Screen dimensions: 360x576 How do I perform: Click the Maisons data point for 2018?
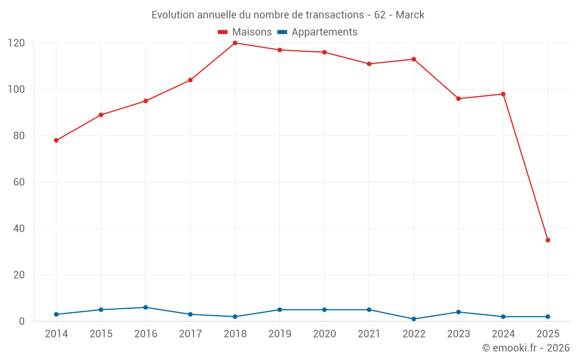235,43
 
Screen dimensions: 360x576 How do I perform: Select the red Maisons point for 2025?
548,240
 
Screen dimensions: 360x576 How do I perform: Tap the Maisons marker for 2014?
56,141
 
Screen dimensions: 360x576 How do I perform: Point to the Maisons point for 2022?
414,59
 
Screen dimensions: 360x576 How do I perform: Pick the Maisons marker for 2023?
458,98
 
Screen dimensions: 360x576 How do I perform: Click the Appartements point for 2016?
146,308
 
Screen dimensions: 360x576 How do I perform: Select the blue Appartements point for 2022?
414,319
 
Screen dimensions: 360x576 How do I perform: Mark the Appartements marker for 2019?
280,310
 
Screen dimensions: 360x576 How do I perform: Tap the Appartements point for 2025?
548,317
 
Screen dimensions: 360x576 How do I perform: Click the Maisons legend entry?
245,32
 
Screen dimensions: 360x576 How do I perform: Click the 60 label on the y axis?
18,183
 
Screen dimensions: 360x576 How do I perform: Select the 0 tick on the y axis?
21,321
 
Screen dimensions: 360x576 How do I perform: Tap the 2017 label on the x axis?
190,334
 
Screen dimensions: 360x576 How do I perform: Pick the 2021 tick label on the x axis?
369,334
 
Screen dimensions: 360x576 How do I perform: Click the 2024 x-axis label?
503,334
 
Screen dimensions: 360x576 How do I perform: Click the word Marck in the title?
410,15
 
